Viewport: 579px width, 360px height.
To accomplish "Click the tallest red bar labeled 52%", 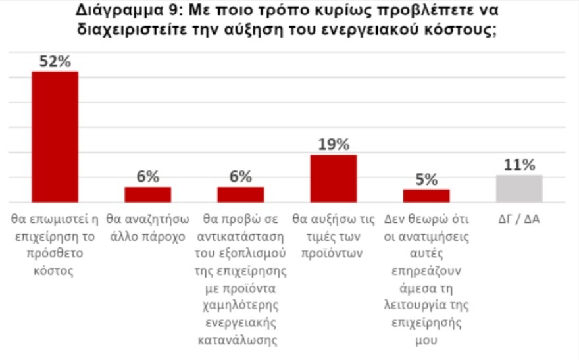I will [x=55, y=136].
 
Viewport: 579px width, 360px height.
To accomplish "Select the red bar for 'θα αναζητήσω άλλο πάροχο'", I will [x=148, y=195].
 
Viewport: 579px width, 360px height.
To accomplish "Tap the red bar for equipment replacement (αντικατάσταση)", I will [x=241, y=195].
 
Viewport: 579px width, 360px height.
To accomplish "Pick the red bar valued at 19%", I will [x=334, y=178].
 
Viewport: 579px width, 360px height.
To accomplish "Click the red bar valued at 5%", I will [x=426, y=196].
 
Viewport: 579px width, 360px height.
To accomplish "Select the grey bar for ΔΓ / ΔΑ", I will [x=519, y=189].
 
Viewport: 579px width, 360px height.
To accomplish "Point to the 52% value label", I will [x=55, y=61].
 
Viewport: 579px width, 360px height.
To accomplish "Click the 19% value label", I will [x=334, y=145].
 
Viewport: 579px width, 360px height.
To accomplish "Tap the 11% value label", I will [x=519, y=165].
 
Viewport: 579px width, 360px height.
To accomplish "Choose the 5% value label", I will [x=426, y=180].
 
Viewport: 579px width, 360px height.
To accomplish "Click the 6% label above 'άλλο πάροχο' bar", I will [x=148, y=177].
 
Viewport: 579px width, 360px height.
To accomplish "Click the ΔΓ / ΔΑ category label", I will [x=519, y=219].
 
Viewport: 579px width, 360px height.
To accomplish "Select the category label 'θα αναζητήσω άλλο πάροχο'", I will [x=148, y=227].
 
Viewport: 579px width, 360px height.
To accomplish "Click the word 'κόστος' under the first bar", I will [x=55, y=271].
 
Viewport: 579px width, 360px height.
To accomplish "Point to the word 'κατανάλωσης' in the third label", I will [x=241, y=341].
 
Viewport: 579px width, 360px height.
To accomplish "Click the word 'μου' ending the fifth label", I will [x=426, y=341].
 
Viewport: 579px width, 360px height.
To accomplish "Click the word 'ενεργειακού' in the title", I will [x=377, y=30].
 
